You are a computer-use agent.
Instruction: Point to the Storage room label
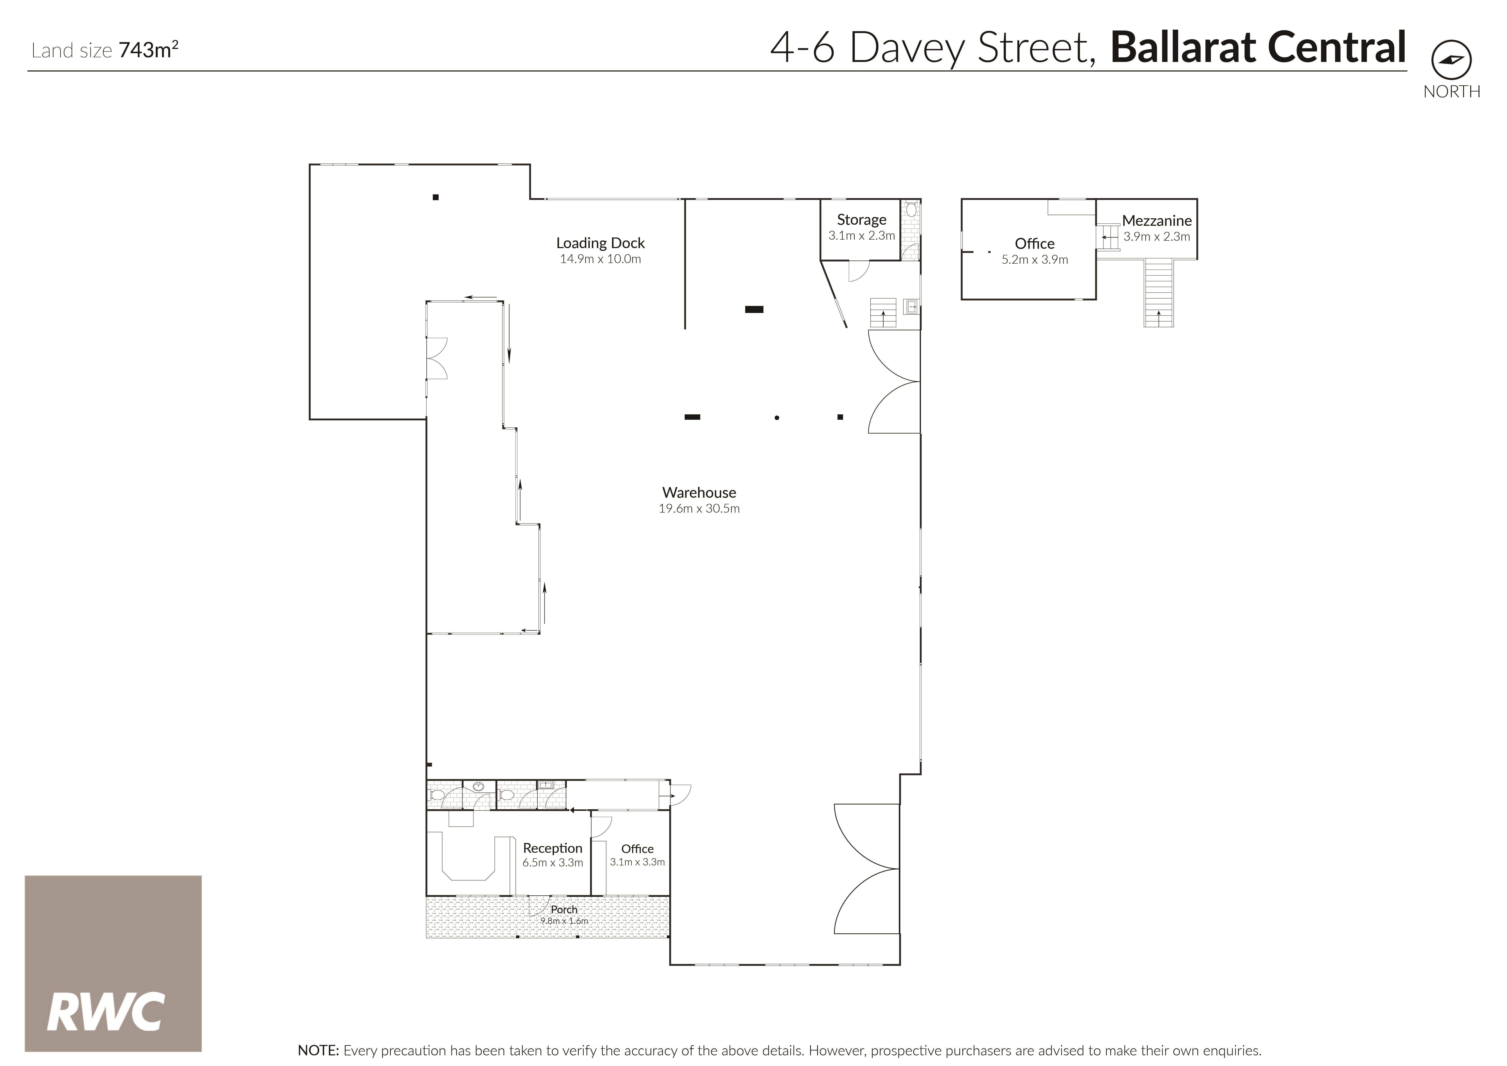861,220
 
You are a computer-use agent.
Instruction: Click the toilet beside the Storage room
911,210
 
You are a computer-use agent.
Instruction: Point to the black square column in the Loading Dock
435,197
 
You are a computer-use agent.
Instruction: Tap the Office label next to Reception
637,849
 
